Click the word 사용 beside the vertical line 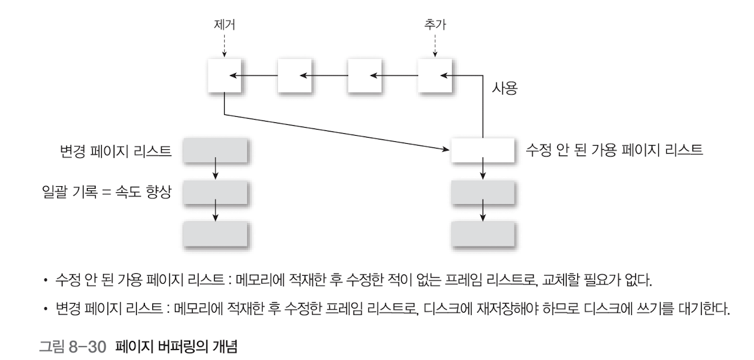pos(505,90)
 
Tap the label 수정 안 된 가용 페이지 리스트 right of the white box pos(615,149)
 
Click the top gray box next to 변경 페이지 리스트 pos(216,150)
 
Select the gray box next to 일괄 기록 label pos(216,192)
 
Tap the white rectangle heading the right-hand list pos(483,150)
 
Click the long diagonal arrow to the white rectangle pos(335,131)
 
